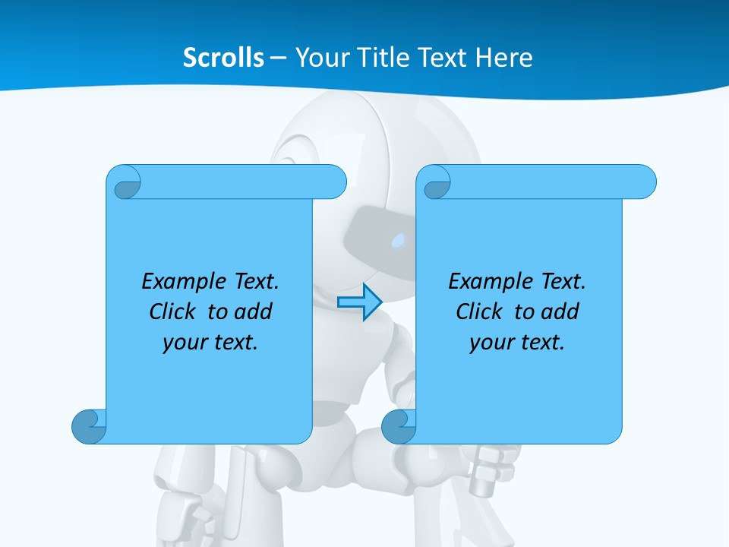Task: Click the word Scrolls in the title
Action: click(x=224, y=58)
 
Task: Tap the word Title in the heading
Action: click(x=387, y=58)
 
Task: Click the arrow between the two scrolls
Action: click(x=359, y=302)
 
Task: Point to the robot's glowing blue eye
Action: click(x=398, y=242)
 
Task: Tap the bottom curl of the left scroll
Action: click(x=89, y=426)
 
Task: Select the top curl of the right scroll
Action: click(x=436, y=183)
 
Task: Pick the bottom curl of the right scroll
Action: click(x=399, y=426)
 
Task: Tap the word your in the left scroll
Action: click(x=182, y=343)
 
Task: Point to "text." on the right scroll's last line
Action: click(x=543, y=343)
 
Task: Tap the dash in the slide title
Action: click(x=279, y=58)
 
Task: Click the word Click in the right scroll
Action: click(x=478, y=311)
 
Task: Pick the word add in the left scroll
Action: click(x=253, y=311)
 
